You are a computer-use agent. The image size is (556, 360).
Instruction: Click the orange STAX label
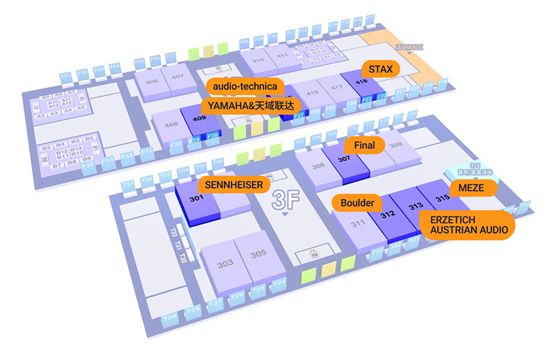point(381,69)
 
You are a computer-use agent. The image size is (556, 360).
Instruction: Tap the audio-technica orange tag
point(245,86)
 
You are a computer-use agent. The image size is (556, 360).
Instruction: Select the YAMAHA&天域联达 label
point(252,105)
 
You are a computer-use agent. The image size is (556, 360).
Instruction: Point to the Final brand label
point(364,145)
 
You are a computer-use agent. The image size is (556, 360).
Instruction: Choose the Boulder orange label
point(357,203)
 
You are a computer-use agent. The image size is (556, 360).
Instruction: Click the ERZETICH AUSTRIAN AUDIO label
point(464,224)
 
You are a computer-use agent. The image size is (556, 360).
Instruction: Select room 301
point(196,199)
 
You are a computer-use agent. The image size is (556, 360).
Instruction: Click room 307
point(343,160)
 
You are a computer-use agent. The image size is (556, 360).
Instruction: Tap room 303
point(224,264)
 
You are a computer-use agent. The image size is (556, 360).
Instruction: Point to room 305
point(258,254)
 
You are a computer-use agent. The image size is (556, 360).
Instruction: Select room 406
point(151,82)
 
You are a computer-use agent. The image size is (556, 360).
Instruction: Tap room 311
point(359,226)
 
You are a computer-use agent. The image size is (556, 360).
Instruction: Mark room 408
point(170,125)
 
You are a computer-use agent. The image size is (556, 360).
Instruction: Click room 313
point(416,206)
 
